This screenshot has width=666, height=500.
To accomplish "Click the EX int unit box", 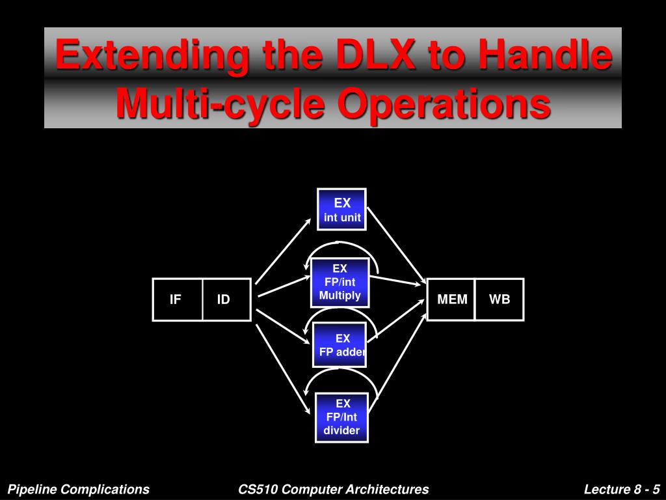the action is (x=341, y=210).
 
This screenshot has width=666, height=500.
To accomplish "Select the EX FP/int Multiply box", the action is (x=340, y=283).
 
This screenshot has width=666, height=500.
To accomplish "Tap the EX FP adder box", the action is (x=340, y=345).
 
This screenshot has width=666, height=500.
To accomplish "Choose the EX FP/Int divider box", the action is (x=341, y=417).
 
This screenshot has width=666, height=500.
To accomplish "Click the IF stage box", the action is (x=177, y=299).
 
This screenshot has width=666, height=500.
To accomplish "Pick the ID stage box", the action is (x=226, y=299).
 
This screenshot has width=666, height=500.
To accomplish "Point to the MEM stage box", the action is (x=451, y=299).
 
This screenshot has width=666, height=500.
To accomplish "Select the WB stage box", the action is (x=499, y=299).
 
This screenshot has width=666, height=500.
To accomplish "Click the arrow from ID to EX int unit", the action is (x=284, y=250).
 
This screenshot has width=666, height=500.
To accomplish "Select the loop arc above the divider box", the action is (x=340, y=372).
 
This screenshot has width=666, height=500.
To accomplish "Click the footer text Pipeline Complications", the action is (x=79, y=489).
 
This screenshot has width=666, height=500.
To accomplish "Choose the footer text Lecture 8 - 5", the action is (x=622, y=489).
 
